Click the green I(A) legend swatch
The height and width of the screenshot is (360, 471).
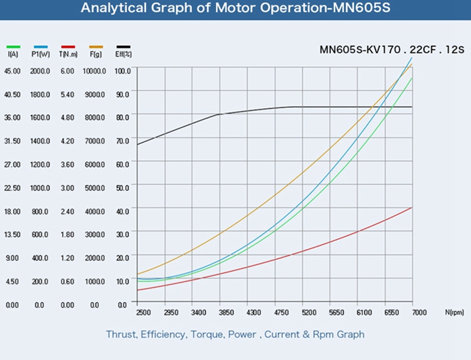click(x=13, y=46)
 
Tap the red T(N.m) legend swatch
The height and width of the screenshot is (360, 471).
click(x=67, y=46)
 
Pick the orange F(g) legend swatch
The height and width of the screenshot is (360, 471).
click(x=96, y=46)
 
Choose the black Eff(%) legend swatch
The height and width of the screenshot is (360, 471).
click(x=123, y=46)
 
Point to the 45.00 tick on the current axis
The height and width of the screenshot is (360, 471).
click(x=12, y=71)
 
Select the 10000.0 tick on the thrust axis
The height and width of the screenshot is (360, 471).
click(x=94, y=71)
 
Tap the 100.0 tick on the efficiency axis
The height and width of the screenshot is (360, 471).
click(x=122, y=71)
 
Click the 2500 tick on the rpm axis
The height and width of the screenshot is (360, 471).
click(x=143, y=314)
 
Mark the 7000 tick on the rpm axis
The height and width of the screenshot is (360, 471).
click(x=419, y=314)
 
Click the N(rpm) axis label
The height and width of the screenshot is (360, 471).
click(x=455, y=314)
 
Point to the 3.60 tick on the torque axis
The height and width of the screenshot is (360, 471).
click(x=67, y=164)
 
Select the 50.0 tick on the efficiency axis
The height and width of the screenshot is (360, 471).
click(x=122, y=188)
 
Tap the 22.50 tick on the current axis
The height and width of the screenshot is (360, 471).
click(x=12, y=188)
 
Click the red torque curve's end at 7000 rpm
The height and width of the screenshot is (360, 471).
click(x=412, y=207)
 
